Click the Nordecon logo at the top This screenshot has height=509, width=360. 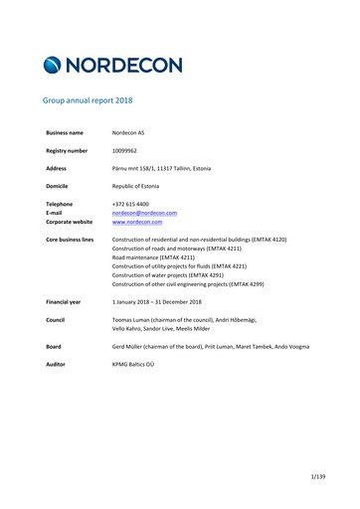coord(112,66)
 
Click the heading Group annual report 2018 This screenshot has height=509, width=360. coord(88,100)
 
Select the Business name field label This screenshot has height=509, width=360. coord(65,132)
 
